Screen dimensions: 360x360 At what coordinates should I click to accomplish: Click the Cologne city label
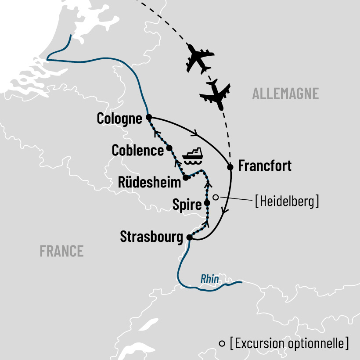pos(119,119)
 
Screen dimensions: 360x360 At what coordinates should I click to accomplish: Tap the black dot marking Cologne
pos(148,117)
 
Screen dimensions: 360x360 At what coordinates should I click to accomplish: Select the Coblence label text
pos(137,150)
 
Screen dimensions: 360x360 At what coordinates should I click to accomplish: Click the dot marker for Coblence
pos(169,148)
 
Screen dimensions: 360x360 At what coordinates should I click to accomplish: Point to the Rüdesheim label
pos(150,183)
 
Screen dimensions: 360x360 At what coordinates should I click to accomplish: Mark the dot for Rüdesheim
pos(185,178)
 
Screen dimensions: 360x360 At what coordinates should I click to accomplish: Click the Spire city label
pos(187,205)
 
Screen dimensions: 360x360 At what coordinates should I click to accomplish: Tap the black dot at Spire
pos(207,203)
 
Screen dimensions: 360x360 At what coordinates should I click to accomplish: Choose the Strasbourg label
pos(151,238)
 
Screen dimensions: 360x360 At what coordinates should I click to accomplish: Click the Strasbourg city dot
pos(189,238)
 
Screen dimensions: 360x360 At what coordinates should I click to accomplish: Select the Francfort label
pos(264,166)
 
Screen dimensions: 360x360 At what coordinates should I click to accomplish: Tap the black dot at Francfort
pos(230,167)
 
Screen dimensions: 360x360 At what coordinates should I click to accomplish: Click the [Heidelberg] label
pos(286,202)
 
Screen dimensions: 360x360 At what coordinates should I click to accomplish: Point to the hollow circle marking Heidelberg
pos(216,198)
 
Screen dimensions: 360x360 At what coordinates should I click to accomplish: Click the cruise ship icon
pos(193,155)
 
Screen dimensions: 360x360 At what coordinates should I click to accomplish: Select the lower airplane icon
pos(215,95)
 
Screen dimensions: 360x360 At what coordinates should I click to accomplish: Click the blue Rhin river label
pos(209,279)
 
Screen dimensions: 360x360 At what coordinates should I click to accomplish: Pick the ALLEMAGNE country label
pos(285,94)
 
